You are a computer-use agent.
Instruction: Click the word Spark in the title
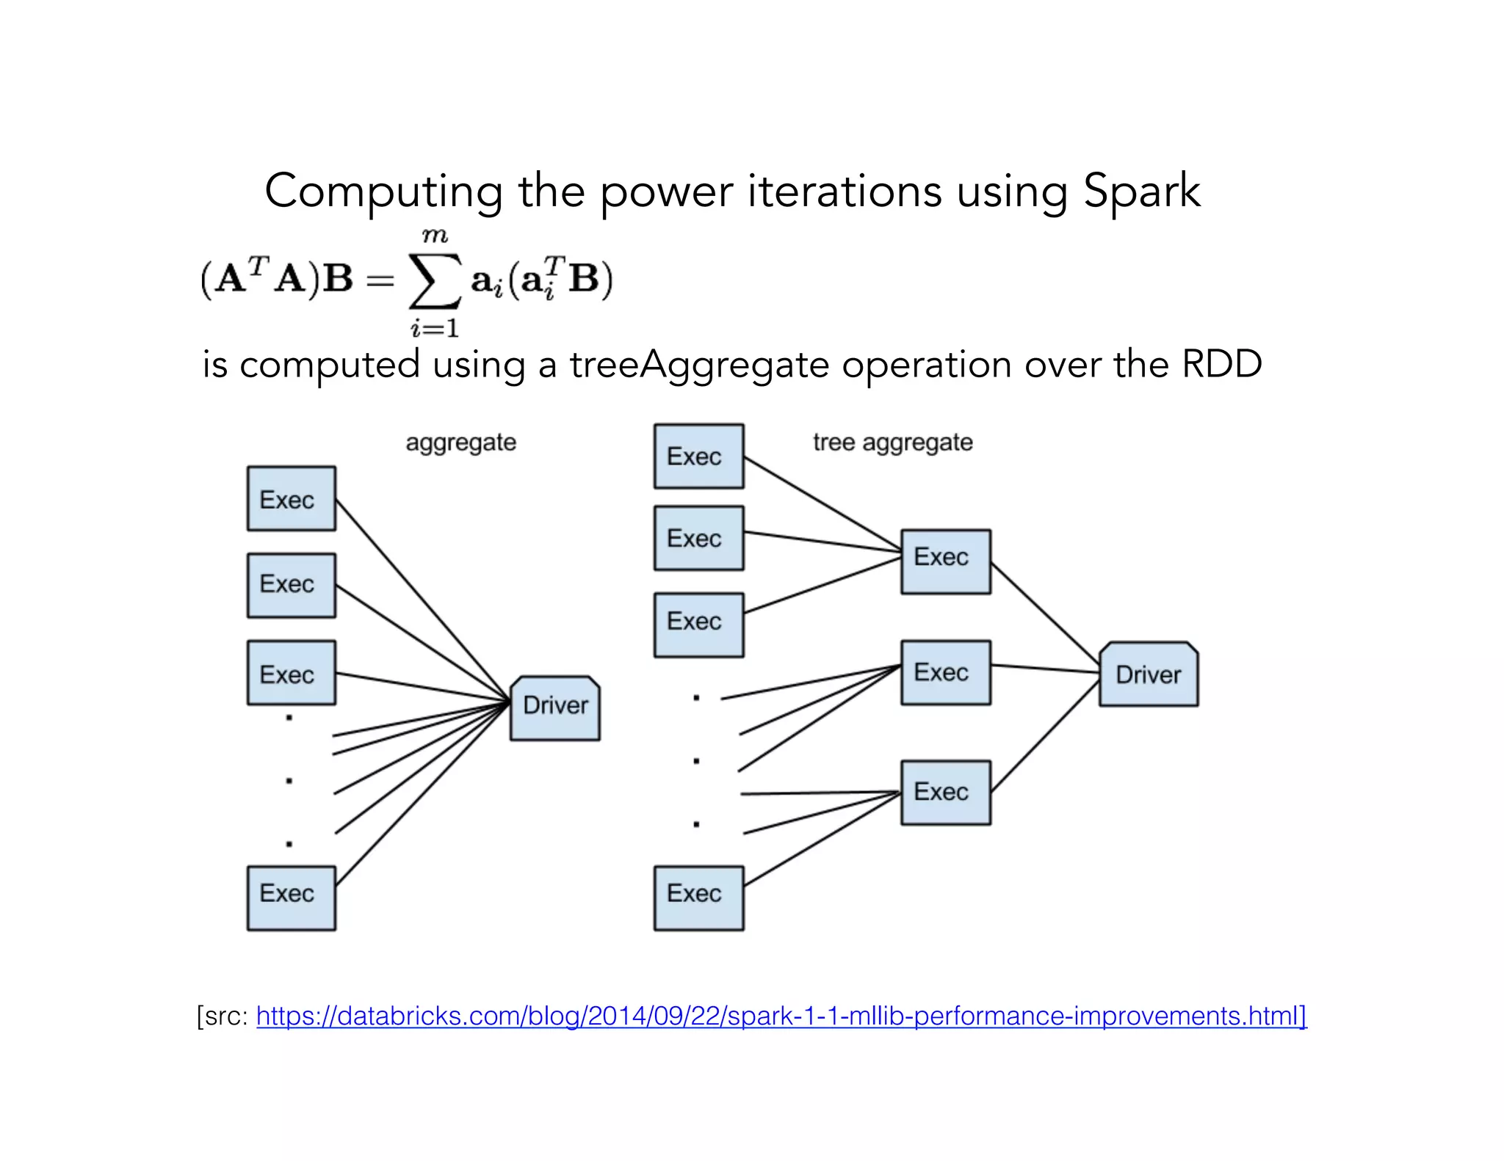(1141, 192)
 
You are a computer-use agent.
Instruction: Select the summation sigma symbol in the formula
(435, 281)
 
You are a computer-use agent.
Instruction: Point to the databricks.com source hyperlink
(781, 1016)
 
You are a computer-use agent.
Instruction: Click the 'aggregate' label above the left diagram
(460, 443)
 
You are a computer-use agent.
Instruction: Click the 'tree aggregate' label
(892, 443)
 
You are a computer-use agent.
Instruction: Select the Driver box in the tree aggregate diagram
(1148, 674)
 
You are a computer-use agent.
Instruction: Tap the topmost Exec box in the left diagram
(291, 499)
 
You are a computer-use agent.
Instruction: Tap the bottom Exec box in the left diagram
(291, 898)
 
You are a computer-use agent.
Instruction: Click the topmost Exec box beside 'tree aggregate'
(698, 456)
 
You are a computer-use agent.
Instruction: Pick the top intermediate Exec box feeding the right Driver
(945, 561)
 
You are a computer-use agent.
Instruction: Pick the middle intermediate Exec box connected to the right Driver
(945, 672)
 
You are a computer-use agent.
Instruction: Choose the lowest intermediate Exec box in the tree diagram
(945, 793)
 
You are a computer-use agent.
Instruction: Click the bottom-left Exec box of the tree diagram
(698, 898)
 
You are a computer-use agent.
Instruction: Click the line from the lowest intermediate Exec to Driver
(1044, 736)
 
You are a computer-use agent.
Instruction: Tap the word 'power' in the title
(665, 192)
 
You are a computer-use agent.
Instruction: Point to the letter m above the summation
(434, 236)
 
